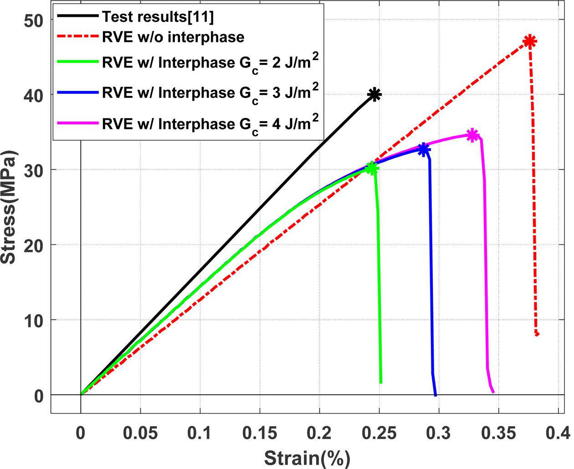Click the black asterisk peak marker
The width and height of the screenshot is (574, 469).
(x=374, y=95)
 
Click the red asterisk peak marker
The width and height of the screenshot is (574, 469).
(x=529, y=41)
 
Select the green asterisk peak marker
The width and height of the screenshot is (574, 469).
(x=372, y=169)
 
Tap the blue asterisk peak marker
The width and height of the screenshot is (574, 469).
(x=424, y=149)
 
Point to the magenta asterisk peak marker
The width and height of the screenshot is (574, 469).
(x=473, y=135)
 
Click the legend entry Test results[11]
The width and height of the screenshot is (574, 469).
(x=158, y=17)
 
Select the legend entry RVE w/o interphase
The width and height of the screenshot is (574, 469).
(x=173, y=37)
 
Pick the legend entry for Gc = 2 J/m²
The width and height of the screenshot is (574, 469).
(x=210, y=63)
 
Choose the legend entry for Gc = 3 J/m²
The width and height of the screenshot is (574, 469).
(x=210, y=93)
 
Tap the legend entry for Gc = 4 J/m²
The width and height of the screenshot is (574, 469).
(x=210, y=124)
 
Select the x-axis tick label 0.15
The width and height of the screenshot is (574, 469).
(x=260, y=433)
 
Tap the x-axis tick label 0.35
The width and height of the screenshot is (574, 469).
(x=498, y=433)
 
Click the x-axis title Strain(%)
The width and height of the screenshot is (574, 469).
(x=307, y=458)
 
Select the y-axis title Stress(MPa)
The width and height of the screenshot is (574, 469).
(x=9, y=207)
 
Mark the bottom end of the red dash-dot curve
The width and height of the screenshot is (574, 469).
(x=537, y=334)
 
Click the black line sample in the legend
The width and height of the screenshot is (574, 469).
(x=77, y=16)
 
